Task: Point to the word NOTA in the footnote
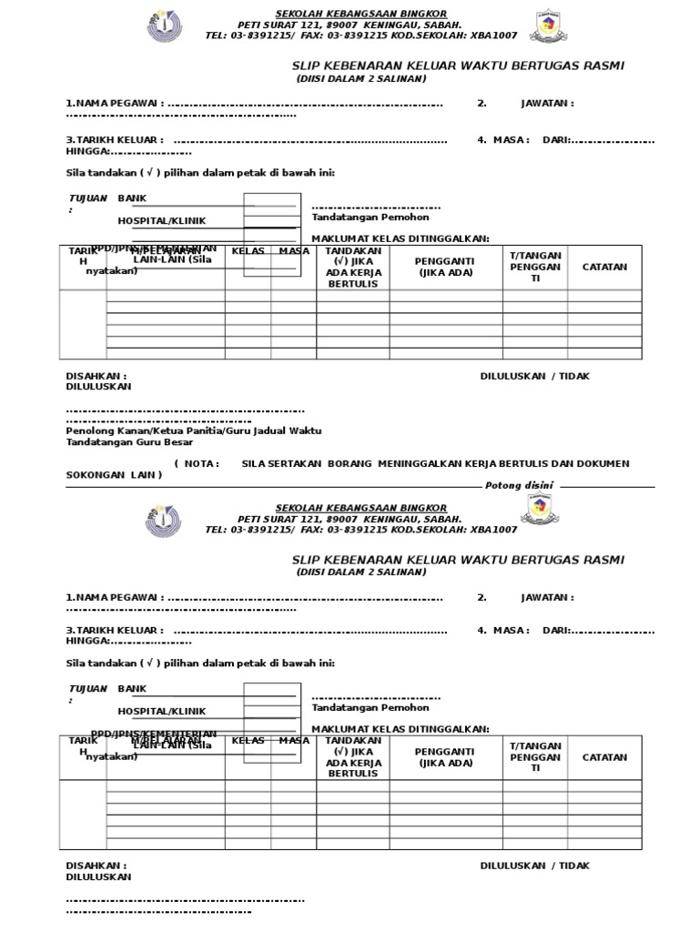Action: pyautogui.click(x=202, y=463)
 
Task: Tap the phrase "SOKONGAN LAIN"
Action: pyautogui.click(x=114, y=474)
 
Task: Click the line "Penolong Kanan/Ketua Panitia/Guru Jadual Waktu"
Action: pyautogui.click(x=194, y=431)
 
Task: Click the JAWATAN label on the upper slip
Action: pyautogui.click(x=547, y=104)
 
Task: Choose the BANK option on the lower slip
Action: pyautogui.click(x=132, y=689)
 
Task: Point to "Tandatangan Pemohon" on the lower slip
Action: pyautogui.click(x=370, y=707)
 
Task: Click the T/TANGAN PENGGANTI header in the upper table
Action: pyautogui.click(x=535, y=266)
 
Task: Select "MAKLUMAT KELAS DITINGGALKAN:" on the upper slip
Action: pyautogui.click(x=400, y=238)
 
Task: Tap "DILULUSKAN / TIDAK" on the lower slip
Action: pyautogui.click(x=535, y=866)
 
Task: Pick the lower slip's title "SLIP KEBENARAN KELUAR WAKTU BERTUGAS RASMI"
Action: pyautogui.click(x=458, y=559)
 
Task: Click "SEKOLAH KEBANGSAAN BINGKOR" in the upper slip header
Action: pyautogui.click(x=361, y=12)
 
